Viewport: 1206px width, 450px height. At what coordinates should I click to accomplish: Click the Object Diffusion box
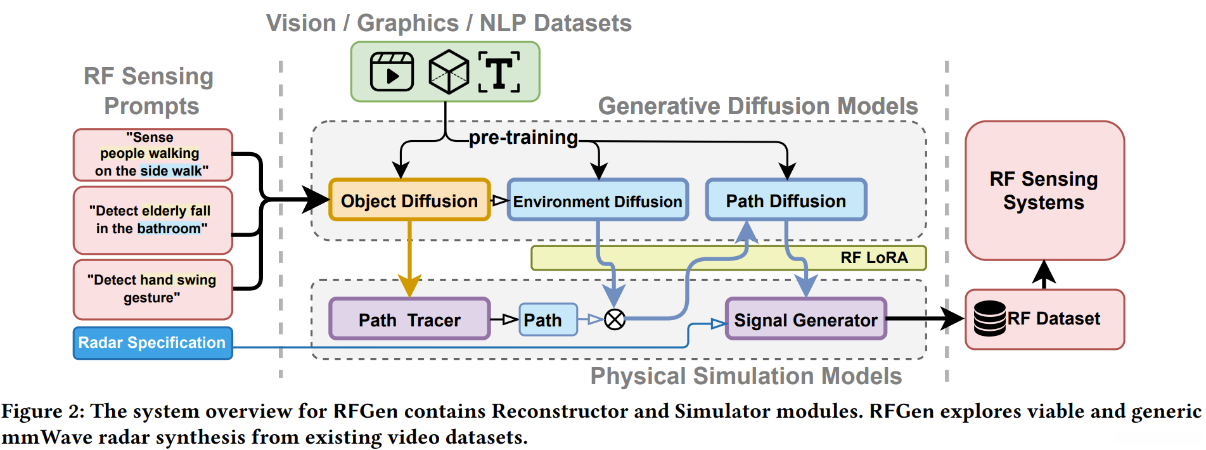point(409,200)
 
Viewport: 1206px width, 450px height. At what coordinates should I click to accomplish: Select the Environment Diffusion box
point(598,200)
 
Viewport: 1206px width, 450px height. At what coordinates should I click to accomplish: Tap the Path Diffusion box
point(786,200)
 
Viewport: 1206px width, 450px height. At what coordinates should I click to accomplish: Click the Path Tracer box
point(409,319)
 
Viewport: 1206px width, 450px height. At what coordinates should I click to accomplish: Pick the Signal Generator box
point(805,319)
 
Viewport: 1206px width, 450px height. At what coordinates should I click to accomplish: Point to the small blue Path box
point(548,319)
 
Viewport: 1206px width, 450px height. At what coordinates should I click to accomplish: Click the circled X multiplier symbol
point(614,319)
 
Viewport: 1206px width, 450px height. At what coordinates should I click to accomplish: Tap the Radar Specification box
point(153,343)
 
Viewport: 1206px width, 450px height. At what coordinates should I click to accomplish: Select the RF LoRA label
point(874,258)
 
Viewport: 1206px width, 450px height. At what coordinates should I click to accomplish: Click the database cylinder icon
point(989,318)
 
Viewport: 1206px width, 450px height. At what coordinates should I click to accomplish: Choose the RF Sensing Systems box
point(1044,190)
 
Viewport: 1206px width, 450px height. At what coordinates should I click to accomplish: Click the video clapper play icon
point(392,72)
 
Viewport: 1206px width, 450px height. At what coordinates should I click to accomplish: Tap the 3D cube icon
point(449,72)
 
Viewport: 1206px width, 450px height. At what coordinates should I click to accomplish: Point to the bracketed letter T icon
point(499,72)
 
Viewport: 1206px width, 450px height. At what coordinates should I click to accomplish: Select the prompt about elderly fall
point(153,220)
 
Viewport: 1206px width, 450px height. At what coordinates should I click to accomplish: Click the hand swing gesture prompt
point(153,289)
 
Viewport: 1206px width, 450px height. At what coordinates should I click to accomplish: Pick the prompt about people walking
point(153,155)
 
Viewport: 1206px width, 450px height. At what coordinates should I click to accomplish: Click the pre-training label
point(523,138)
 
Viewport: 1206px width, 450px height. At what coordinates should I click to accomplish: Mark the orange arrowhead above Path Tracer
point(409,286)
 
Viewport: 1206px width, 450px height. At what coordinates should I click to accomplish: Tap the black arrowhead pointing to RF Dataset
point(952,318)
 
